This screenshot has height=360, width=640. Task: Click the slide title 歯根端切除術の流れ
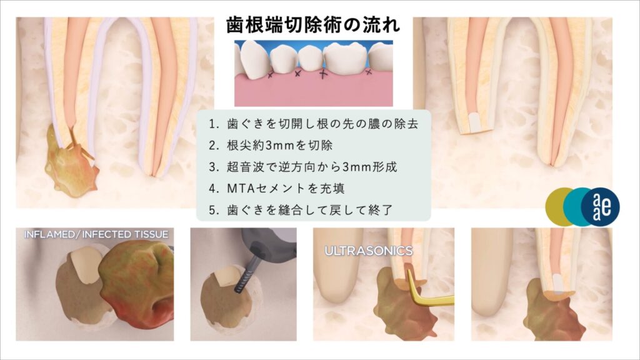[314, 25]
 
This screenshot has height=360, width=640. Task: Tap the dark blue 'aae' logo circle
[601, 206]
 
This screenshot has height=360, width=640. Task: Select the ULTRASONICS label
[369, 251]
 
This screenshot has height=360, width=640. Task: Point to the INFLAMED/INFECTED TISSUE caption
[96, 234]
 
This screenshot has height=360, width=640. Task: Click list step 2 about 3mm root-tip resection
[271, 145]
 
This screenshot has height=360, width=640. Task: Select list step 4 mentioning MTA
[277, 188]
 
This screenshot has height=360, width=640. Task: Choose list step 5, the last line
[301, 210]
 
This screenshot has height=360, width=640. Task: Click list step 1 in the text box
[314, 124]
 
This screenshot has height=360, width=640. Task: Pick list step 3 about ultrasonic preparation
[303, 166]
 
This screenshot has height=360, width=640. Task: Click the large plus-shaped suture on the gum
[323, 74]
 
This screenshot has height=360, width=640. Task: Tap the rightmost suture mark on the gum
[369, 72]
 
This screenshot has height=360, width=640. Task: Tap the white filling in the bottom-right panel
[558, 282]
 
